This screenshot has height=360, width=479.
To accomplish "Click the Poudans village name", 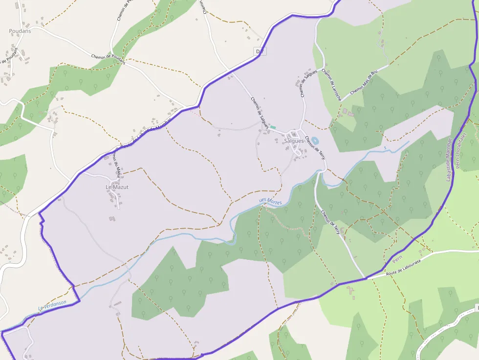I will click(20, 31).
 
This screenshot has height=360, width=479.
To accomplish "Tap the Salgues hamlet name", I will click(294, 141).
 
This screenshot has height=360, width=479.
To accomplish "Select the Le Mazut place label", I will click(117, 187).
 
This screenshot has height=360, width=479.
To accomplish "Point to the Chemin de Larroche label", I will click(331, 85).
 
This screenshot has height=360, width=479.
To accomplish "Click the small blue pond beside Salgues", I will click(315, 141).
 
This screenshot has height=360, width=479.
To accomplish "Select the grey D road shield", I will click(260, 51).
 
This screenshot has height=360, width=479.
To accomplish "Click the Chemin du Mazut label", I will click(116, 164).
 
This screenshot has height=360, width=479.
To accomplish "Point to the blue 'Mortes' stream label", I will click(270, 201).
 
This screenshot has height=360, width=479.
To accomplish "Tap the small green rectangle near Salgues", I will click(273, 127).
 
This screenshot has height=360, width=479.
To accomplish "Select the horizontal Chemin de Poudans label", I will click(108, 59).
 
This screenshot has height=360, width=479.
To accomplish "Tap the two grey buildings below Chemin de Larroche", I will click(348, 113).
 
